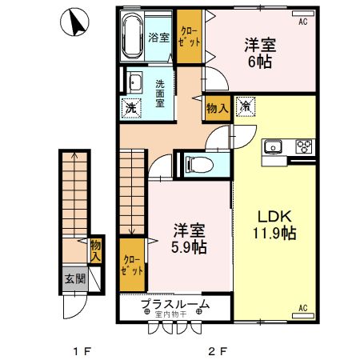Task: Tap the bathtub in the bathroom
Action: (x=132, y=36)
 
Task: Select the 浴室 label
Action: (x=158, y=37)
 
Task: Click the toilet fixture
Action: (x=196, y=165)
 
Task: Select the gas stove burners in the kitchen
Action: (x=304, y=146)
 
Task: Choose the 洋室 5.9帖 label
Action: (x=190, y=238)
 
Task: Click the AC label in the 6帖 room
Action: (x=303, y=23)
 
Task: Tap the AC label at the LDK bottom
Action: (x=303, y=307)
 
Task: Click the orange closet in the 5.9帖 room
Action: (x=132, y=264)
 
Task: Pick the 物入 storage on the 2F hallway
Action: (x=217, y=106)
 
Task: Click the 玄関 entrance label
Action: (x=74, y=279)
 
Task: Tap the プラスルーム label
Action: (x=175, y=305)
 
